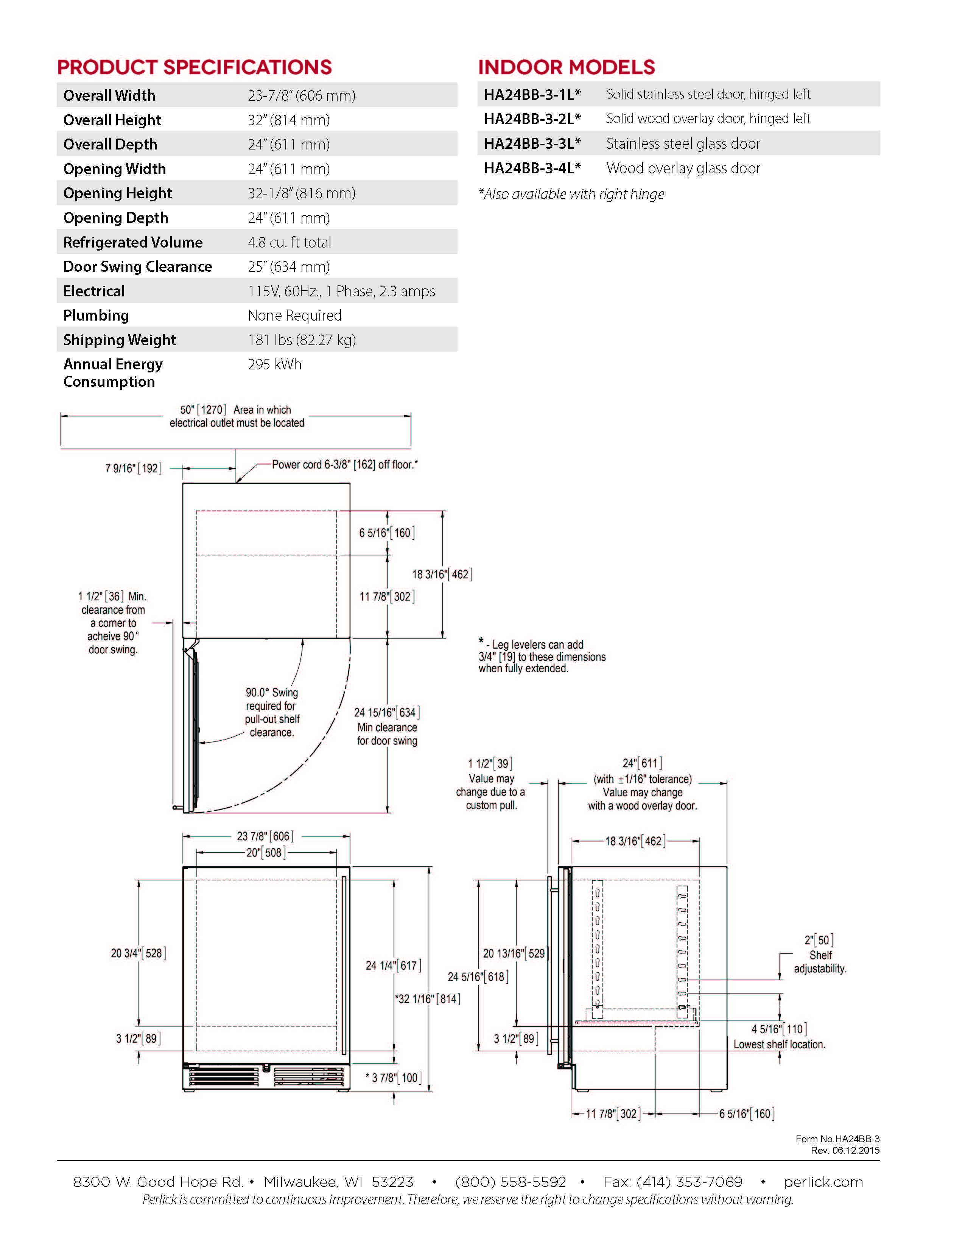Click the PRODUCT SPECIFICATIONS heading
pos(195,67)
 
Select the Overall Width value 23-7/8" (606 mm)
pos(301,95)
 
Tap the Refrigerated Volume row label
pos(132,243)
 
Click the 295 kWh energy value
pos(274,364)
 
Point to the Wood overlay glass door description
pos(683,168)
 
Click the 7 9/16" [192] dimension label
pos(133,469)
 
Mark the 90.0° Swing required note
pos(272,712)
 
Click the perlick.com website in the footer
pos(823,1182)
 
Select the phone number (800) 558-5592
pos(510,1182)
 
